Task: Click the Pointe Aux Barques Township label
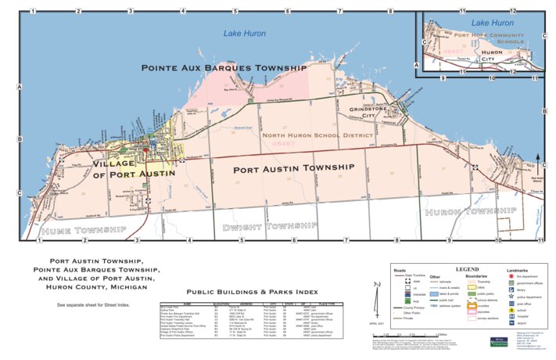point(223,68)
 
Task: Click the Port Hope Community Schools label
point(489,38)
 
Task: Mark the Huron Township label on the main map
point(461,211)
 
